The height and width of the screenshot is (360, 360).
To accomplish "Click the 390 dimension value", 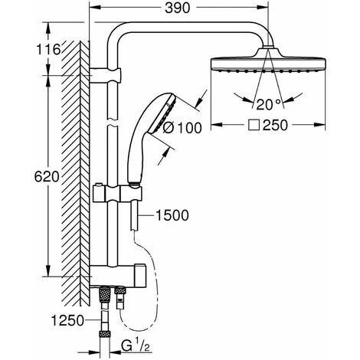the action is tap(178, 8).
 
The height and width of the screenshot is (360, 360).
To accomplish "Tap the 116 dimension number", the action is tap(48, 49).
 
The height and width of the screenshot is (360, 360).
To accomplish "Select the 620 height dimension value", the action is tap(47, 177).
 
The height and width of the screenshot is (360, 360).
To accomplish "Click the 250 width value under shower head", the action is tap(275, 125).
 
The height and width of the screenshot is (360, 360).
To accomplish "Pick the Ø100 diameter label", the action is tap(182, 128).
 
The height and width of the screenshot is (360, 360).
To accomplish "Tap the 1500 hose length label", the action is tap(172, 215).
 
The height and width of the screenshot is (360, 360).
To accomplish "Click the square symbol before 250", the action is tap(254, 126).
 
